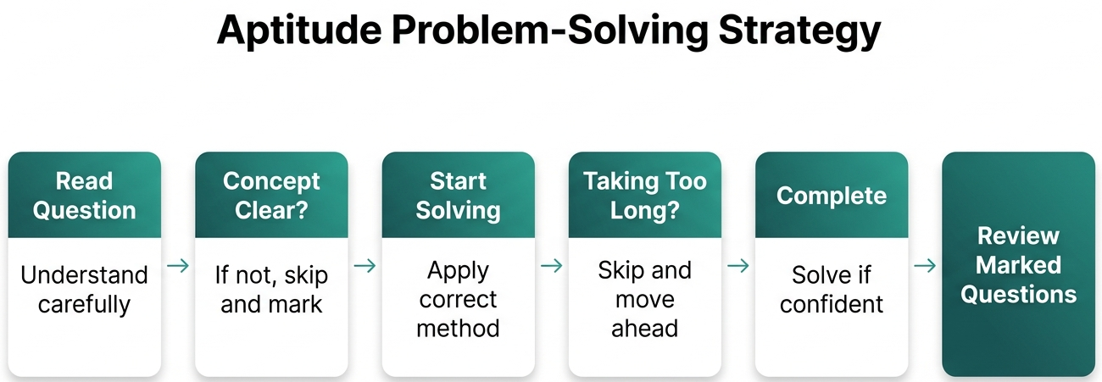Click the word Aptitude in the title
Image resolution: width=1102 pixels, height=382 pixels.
[299, 30]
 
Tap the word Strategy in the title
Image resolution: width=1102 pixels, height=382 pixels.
[799, 30]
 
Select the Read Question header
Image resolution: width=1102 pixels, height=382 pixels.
[85, 195]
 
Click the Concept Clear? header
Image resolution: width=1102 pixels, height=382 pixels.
[271, 195]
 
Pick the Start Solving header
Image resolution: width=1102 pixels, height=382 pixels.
[459, 195]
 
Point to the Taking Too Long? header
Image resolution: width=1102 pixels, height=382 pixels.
[645, 195]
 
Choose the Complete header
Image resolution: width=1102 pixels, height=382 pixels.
[832, 195]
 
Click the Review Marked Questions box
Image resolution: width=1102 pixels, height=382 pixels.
[1018, 264]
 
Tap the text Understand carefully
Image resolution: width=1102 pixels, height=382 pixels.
[84, 290]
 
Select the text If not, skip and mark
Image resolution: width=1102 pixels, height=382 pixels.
[271, 290]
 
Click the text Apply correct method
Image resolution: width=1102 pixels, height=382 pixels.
[458, 299]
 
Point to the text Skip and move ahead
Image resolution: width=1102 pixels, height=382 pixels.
[645, 299]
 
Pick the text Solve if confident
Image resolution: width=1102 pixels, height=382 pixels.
[832, 290]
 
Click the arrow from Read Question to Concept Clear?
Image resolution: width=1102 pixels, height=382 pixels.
[178, 266]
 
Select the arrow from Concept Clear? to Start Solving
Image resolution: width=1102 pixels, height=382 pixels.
[365, 266]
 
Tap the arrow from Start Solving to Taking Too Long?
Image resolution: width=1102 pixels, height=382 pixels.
[552, 266]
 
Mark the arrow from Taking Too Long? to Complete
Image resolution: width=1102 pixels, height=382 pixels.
[738, 266]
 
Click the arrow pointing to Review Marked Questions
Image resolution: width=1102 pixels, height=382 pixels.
[925, 266]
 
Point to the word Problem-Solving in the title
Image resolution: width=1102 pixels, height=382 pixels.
[550, 30]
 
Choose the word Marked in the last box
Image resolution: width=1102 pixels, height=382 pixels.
[1018, 265]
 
